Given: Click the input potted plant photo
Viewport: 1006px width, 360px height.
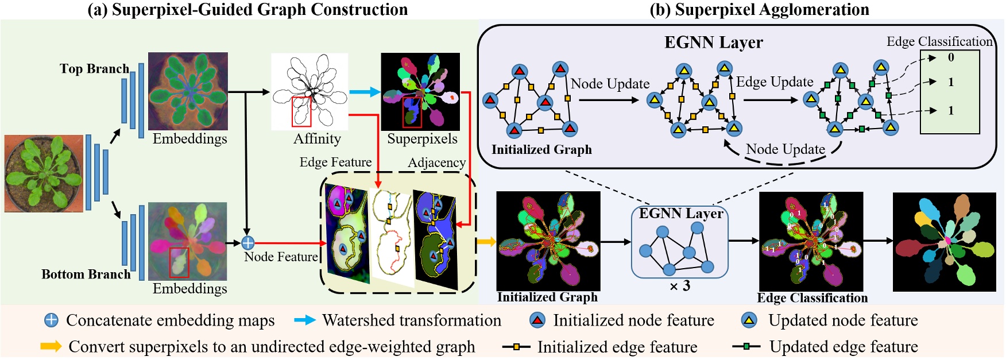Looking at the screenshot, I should [44, 173].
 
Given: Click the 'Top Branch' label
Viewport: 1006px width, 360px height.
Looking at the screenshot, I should [94, 69].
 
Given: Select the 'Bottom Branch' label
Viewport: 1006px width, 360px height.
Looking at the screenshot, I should [86, 274].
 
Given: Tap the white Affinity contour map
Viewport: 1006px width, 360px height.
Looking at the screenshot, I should [309, 92].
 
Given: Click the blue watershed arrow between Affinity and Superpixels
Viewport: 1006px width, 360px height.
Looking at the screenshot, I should [365, 92].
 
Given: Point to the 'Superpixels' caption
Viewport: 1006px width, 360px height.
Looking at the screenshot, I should [422, 139].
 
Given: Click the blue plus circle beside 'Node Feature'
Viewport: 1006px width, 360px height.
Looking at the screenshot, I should [247, 243].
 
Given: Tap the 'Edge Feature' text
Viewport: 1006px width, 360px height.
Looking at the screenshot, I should [335, 162].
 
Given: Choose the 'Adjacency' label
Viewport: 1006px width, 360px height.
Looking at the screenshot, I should [436, 163].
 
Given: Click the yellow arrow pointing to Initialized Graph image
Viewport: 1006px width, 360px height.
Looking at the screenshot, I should [486, 242].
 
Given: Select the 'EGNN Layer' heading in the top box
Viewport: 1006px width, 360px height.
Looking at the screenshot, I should [713, 43].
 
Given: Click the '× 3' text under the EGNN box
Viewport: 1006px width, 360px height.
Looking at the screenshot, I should [680, 286].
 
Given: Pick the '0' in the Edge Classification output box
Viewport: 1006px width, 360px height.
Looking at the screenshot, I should [951, 57].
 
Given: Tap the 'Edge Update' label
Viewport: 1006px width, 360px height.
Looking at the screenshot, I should [775, 82].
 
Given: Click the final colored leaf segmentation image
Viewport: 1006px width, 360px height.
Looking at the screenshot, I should [944, 241].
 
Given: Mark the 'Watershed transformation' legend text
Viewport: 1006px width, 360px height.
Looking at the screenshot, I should [412, 320].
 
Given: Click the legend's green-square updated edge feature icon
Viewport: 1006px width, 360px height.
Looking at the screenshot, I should [746, 347].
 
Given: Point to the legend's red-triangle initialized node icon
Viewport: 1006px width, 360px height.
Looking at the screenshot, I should [537, 320].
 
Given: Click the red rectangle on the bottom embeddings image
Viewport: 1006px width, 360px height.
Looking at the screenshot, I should [179, 262].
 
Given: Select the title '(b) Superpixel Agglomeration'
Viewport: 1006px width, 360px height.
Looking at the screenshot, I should [759, 10].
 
